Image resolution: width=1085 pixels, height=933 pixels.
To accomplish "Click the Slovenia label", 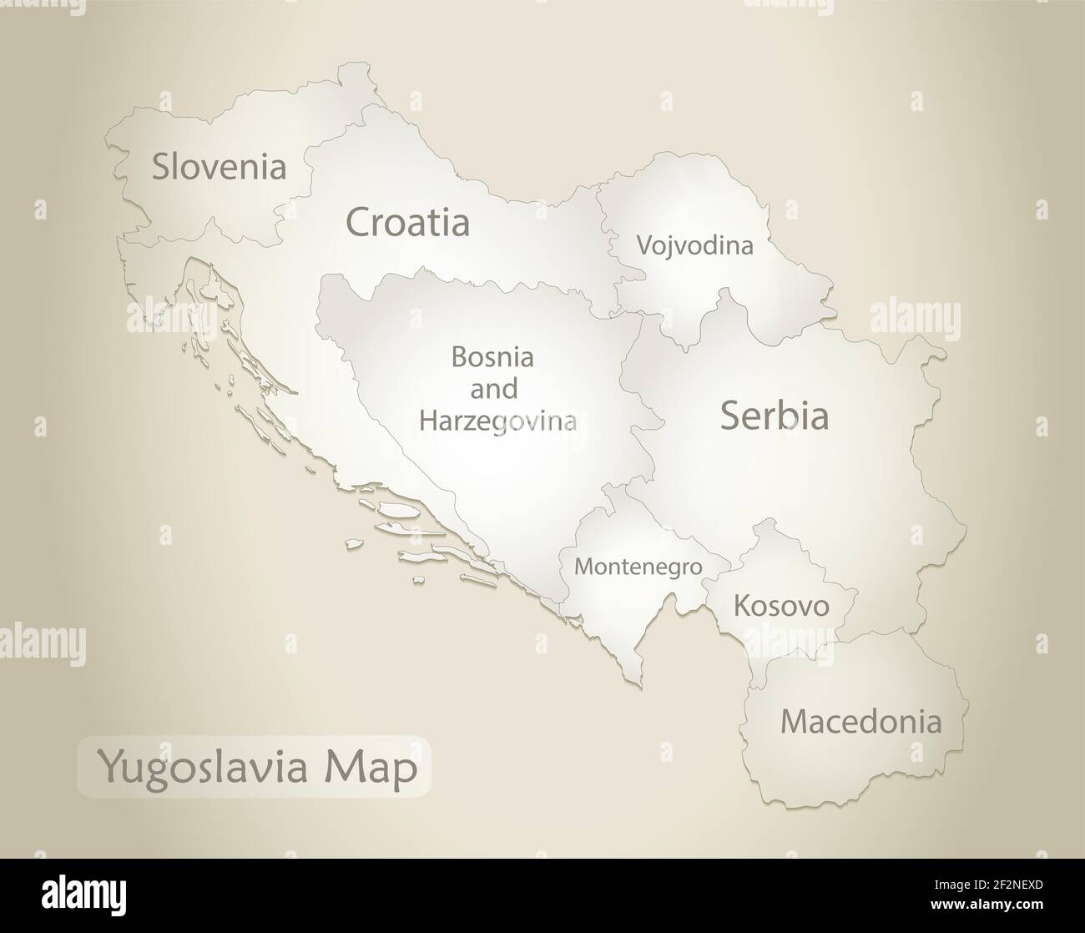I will click(x=219, y=166).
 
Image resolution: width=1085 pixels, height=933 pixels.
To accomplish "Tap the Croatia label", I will click(x=407, y=223).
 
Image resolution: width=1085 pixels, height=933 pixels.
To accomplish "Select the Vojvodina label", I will click(x=694, y=245).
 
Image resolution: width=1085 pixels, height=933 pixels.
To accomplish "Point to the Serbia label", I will click(x=774, y=416).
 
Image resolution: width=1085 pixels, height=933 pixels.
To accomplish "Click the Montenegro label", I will click(x=638, y=567).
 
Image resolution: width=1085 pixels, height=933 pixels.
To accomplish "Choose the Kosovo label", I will click(x=781, y=605).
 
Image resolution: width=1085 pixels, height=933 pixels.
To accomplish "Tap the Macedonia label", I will click(x=860, y=721).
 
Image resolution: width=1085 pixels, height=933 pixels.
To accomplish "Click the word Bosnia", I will click(x=492, y=357).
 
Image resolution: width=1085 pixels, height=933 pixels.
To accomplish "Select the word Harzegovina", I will click(x=497, y=420).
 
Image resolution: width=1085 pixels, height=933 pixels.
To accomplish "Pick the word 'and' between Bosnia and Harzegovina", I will click(x=494, y=389).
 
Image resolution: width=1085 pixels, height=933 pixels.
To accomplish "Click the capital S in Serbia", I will click(x=732, y=416).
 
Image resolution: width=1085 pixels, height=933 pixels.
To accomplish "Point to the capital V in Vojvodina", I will click(x=644, y=245).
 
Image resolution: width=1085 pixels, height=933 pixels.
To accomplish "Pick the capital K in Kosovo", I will click(x=741, y=605).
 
